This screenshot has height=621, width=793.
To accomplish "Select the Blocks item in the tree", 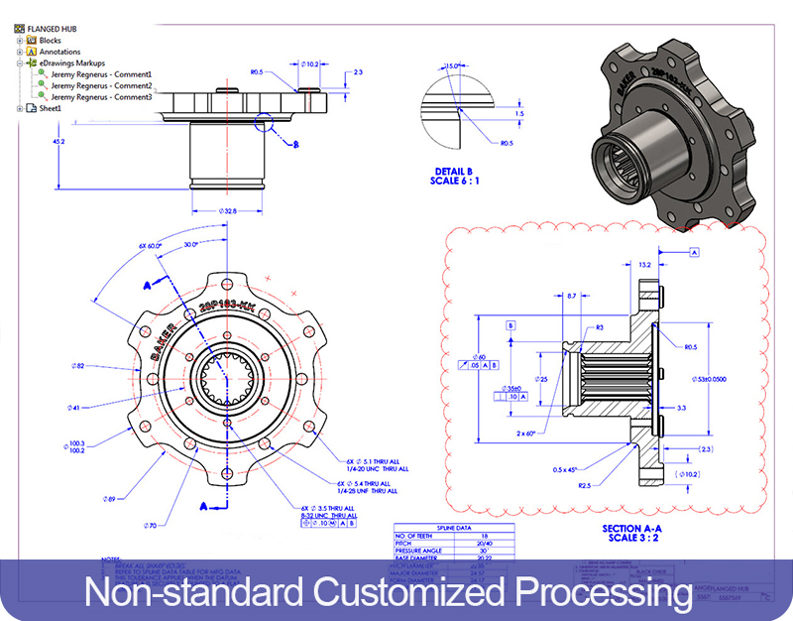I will (x=50, y=41).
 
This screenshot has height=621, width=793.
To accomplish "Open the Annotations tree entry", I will (x=59, y=52).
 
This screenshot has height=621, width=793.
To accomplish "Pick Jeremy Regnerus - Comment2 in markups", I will (x=101, y=85).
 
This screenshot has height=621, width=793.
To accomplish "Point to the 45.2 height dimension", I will (x=58, y=142).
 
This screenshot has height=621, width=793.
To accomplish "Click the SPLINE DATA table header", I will (x=452, y=528).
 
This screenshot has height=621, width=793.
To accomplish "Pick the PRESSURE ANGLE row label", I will (x=420, y=551).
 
